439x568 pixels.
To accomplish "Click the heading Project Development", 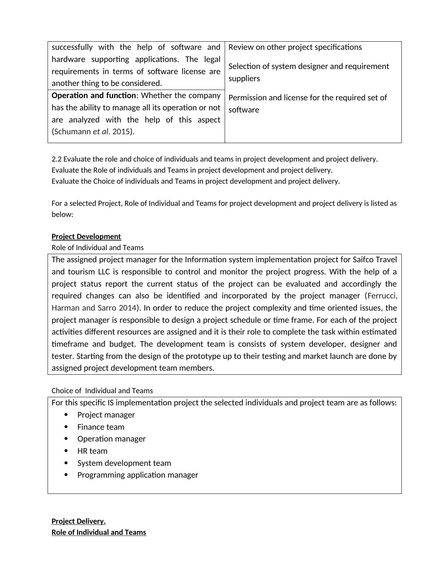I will coord(86,236).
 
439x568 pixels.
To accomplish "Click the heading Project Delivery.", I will coord(78,521).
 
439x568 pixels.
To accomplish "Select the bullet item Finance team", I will coord(101,427).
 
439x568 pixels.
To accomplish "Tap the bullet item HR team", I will coord(92,451).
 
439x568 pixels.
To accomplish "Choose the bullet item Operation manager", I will coord(111,439).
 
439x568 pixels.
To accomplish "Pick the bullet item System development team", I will coord(124,463).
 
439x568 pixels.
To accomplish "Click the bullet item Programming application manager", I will coord(138,475).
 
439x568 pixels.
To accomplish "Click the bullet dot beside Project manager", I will coord(66,415).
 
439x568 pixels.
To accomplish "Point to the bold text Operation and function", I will coord(94,96).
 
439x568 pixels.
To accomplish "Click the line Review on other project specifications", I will coord(295,47).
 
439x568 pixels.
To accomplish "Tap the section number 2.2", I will coord(56,159).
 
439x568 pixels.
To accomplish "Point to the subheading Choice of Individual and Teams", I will coord(102,391).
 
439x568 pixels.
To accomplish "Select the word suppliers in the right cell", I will coord(244,79).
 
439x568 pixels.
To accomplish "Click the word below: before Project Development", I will coord(62,214).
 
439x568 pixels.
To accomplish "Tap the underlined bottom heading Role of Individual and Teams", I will coord(98,532).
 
